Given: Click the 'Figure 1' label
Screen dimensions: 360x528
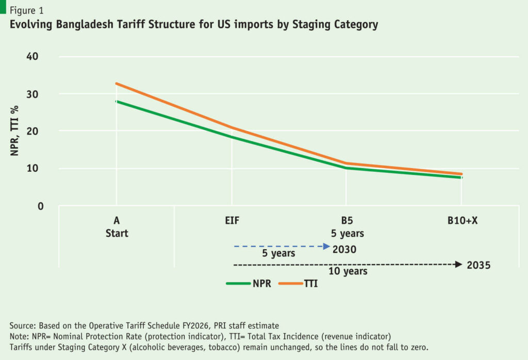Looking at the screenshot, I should click(25, 10).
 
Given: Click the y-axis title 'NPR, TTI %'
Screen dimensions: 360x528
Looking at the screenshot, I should click(16, 130).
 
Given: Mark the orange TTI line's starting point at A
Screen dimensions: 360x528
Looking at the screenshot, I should click(117, 83).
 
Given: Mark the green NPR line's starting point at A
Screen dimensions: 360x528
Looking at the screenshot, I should click(117, 101).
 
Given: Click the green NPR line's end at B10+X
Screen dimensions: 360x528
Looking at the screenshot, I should click(461, 177).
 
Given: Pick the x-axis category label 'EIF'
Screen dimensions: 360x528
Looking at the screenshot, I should click(232, 221).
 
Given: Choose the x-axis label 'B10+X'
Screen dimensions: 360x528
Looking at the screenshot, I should click(462, 221).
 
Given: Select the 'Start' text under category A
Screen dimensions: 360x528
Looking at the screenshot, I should click(117, 233).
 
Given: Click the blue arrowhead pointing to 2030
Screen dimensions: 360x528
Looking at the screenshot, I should click(326, 247).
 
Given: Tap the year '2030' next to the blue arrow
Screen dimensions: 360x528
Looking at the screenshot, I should click(344, 249).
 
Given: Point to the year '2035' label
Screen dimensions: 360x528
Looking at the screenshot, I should click(478, 266).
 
